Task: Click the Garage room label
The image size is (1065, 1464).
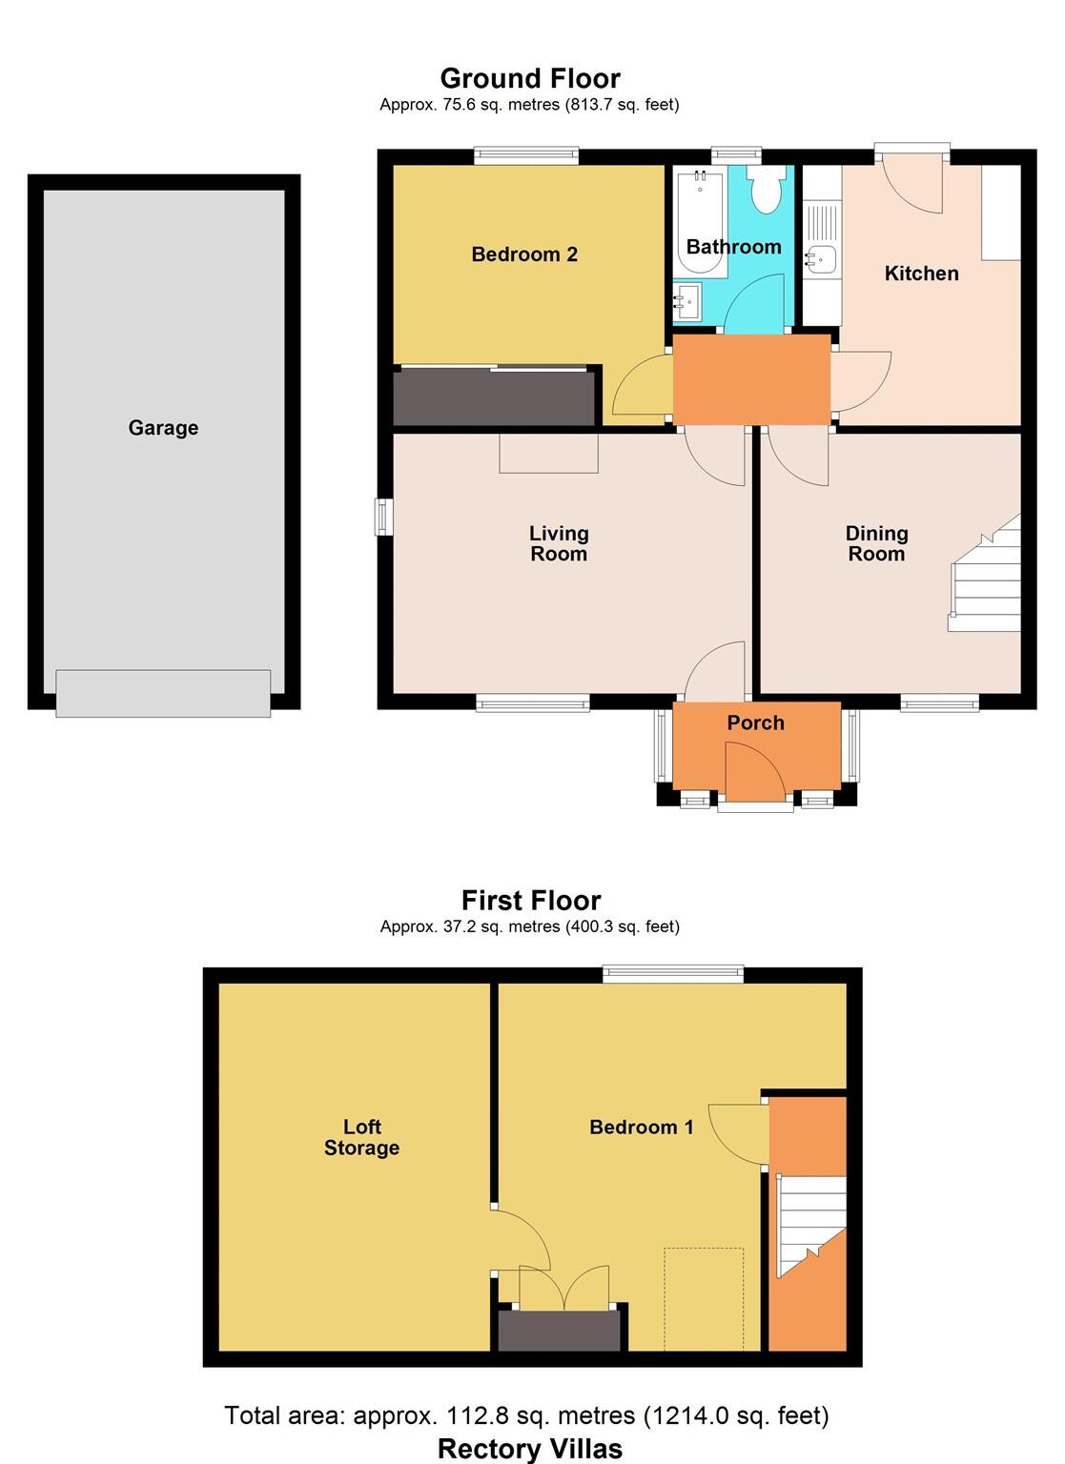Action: coord(163,428)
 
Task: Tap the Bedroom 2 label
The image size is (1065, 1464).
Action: coord(524,254)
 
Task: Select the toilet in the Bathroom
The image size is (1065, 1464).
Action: coord(766,191)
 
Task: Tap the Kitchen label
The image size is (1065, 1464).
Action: coord(921,274)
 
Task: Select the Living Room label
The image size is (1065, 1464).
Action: coord(559,543)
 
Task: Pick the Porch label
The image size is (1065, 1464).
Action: coord(755,723)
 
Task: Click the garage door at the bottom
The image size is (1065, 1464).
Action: coord(163,693)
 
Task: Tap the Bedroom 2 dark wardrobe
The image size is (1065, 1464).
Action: coord(494,397)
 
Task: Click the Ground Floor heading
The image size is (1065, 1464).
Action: coord(530,78)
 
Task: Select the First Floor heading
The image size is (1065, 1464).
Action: coord(531,901)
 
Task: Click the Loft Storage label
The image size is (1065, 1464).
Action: coord(361,1138)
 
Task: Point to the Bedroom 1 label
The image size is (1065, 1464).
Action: coord(641,1128)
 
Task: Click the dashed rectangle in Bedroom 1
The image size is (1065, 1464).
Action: coord(704,1298)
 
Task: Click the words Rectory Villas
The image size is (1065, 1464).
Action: coord(530,1449)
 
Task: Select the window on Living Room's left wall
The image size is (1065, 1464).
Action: coord(383,517)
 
